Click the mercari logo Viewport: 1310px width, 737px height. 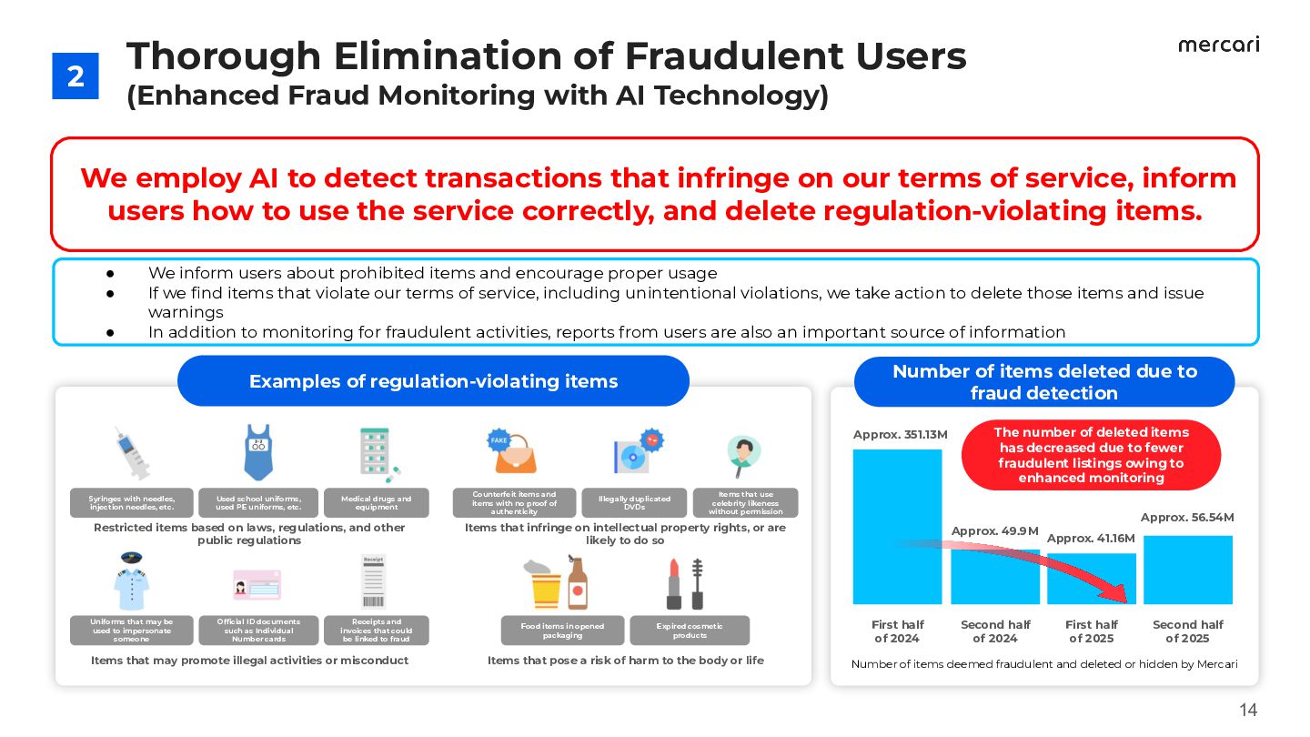(1218, 45)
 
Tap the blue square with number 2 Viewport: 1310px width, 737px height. (76, 76)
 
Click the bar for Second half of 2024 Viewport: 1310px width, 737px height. (994, 577)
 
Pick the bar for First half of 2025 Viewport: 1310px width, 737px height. (1091, 579)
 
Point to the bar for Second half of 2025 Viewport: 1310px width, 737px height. (1187, 570)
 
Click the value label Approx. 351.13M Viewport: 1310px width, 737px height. (900, 434)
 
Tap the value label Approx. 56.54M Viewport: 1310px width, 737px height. (1186, 517)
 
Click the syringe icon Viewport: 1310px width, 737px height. (131, 453)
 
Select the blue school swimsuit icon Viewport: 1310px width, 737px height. (258, 452)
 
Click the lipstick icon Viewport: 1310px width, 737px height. (674, 585)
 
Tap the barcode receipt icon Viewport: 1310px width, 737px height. (374, 582)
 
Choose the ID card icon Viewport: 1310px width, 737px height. (257, 585)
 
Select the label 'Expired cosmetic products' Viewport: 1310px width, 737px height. (689, 630)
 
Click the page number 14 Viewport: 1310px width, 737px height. (1248, 711)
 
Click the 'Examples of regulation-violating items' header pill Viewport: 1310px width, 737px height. (433, 381)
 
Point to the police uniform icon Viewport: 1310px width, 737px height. (131, 581)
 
